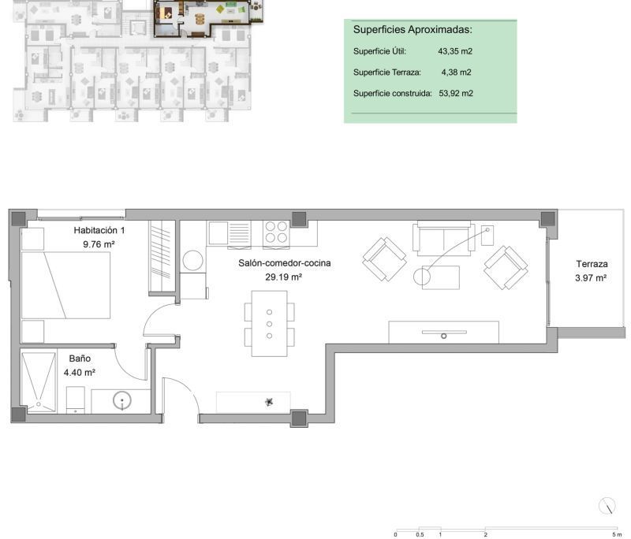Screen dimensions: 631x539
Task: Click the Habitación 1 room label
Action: (x=99, y=230)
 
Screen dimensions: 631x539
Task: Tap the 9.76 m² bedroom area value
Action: (x=99, y=244)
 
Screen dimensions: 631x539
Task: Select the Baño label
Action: (x=80, y=359)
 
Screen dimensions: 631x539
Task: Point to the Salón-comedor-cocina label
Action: (x=285, y=263)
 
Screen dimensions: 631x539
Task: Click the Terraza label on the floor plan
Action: (x=592, y=264)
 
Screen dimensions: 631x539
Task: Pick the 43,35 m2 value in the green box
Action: (x=455, y=51)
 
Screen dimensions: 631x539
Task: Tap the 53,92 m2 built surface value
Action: (x=456, y=93)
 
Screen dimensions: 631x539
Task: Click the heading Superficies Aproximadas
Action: (x=413, y=29)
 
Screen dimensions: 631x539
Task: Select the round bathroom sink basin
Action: (x=122, y=400)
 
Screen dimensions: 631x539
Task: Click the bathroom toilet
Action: (x=75, y=400)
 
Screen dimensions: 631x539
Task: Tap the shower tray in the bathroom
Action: (x=39, y=382)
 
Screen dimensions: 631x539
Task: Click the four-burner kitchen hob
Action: (x=276, y=232)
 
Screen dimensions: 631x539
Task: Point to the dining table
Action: (x=269, y=324)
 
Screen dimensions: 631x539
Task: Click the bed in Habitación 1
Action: (x=65, y=285)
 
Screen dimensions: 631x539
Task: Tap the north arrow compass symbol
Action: (x=607, y=506)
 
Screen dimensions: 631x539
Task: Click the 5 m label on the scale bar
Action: (x=617, y=534)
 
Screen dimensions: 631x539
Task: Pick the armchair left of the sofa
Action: (x=384, y=259)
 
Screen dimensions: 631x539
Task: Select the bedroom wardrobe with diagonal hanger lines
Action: (x=162, y=256)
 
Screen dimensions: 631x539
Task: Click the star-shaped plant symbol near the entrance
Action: (x=269, y=402)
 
